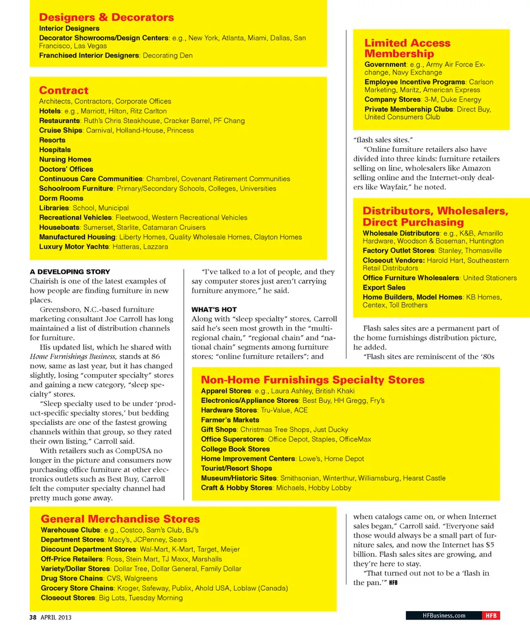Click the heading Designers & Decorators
[106, 17]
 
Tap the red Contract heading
[63, 90]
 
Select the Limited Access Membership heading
[407, 48]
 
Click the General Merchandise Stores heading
[120, 519]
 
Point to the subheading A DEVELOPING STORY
[70, 271]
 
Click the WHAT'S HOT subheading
[214, 309]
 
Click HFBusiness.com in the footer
[443, 616]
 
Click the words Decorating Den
[168, 55]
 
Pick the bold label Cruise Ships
[60, 130]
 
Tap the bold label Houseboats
[60, 227]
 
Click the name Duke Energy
[461, 99]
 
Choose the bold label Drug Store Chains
[72, 579]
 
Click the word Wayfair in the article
[395, 187]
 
